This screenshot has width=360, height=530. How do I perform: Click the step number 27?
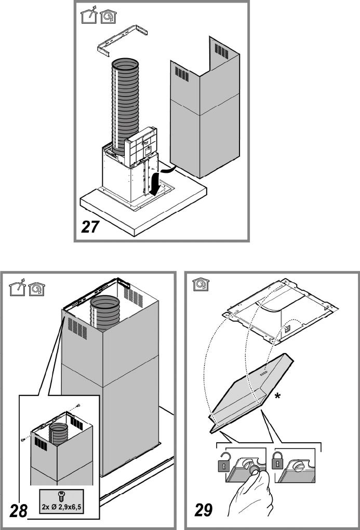tap(90, 227)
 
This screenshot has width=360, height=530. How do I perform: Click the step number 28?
tap(18, 511)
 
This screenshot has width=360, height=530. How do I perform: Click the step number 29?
tap(203, 510)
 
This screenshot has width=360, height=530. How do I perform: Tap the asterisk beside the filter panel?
tap(277, 396)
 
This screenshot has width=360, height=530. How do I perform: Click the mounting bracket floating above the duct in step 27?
tap(123, 40)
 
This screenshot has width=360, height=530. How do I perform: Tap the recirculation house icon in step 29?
tap(201, 284)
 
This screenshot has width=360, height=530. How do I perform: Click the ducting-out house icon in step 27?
tap(89, 16)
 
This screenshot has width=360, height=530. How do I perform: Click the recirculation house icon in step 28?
tap(37, 289)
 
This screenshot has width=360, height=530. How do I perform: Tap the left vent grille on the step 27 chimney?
tap(182, 74)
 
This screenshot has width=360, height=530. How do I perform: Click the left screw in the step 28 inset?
tap(23, 439)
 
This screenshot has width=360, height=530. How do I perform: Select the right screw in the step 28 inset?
tap(78, 405)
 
